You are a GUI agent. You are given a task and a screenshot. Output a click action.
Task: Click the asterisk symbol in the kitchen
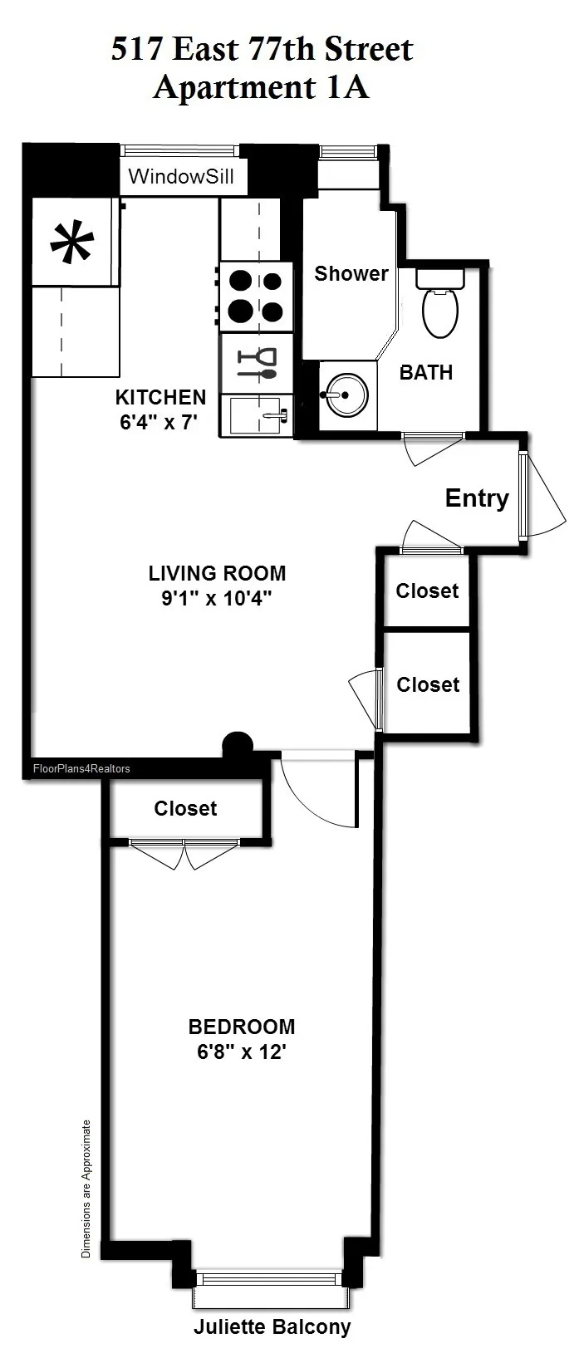point(72,243)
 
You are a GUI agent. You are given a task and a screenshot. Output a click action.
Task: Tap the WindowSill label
point(181,177)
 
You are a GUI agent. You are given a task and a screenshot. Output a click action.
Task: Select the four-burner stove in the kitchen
point(256,297)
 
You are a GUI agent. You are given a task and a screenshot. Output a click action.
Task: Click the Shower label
point(351,273)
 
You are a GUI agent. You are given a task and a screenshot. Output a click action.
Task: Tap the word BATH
point(426,373)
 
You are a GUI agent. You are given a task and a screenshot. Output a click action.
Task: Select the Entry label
point(477,498)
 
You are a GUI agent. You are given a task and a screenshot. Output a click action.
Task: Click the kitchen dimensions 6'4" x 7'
point(159,422)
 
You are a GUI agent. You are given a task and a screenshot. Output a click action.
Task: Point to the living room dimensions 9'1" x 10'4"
point(217,598)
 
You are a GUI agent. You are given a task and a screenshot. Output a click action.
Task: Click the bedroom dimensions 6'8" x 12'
point(242,1052)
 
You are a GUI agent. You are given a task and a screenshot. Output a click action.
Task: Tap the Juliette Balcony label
point(272,1327)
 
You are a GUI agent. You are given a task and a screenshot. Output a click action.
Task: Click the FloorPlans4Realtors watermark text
point(81,768)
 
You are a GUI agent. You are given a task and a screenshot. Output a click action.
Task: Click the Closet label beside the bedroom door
point(185,808)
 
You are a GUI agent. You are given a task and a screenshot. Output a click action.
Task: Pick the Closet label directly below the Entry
point(427,591)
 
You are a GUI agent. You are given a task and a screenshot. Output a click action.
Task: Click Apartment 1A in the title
point(262,87)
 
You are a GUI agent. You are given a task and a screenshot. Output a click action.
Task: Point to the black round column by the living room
point(238,743)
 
